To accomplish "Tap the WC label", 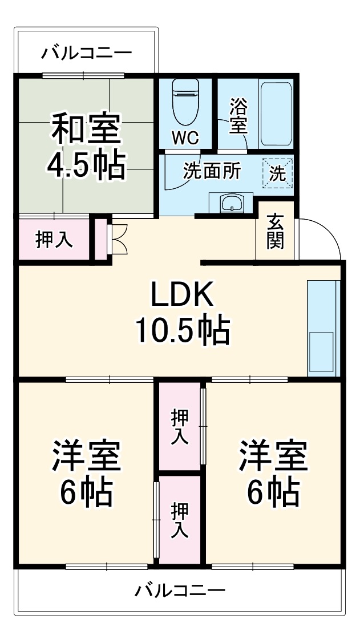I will pyautogui.click(x=185, y=138).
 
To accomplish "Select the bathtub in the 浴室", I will pyautogui.click(x=276, y=115).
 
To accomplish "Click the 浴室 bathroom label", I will pyautogui.click(x=238, y=116).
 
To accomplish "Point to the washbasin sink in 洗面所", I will pyautogui.click(x=232, y=203).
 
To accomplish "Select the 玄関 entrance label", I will pyautogui.click(x=275, y=232).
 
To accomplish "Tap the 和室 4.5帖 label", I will pyautogui.click(x=86, y=145).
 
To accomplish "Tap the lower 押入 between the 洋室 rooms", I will pyautogui.click(x=180, y=520).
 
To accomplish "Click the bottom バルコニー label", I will pyautogui.click(x=180, y=590).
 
